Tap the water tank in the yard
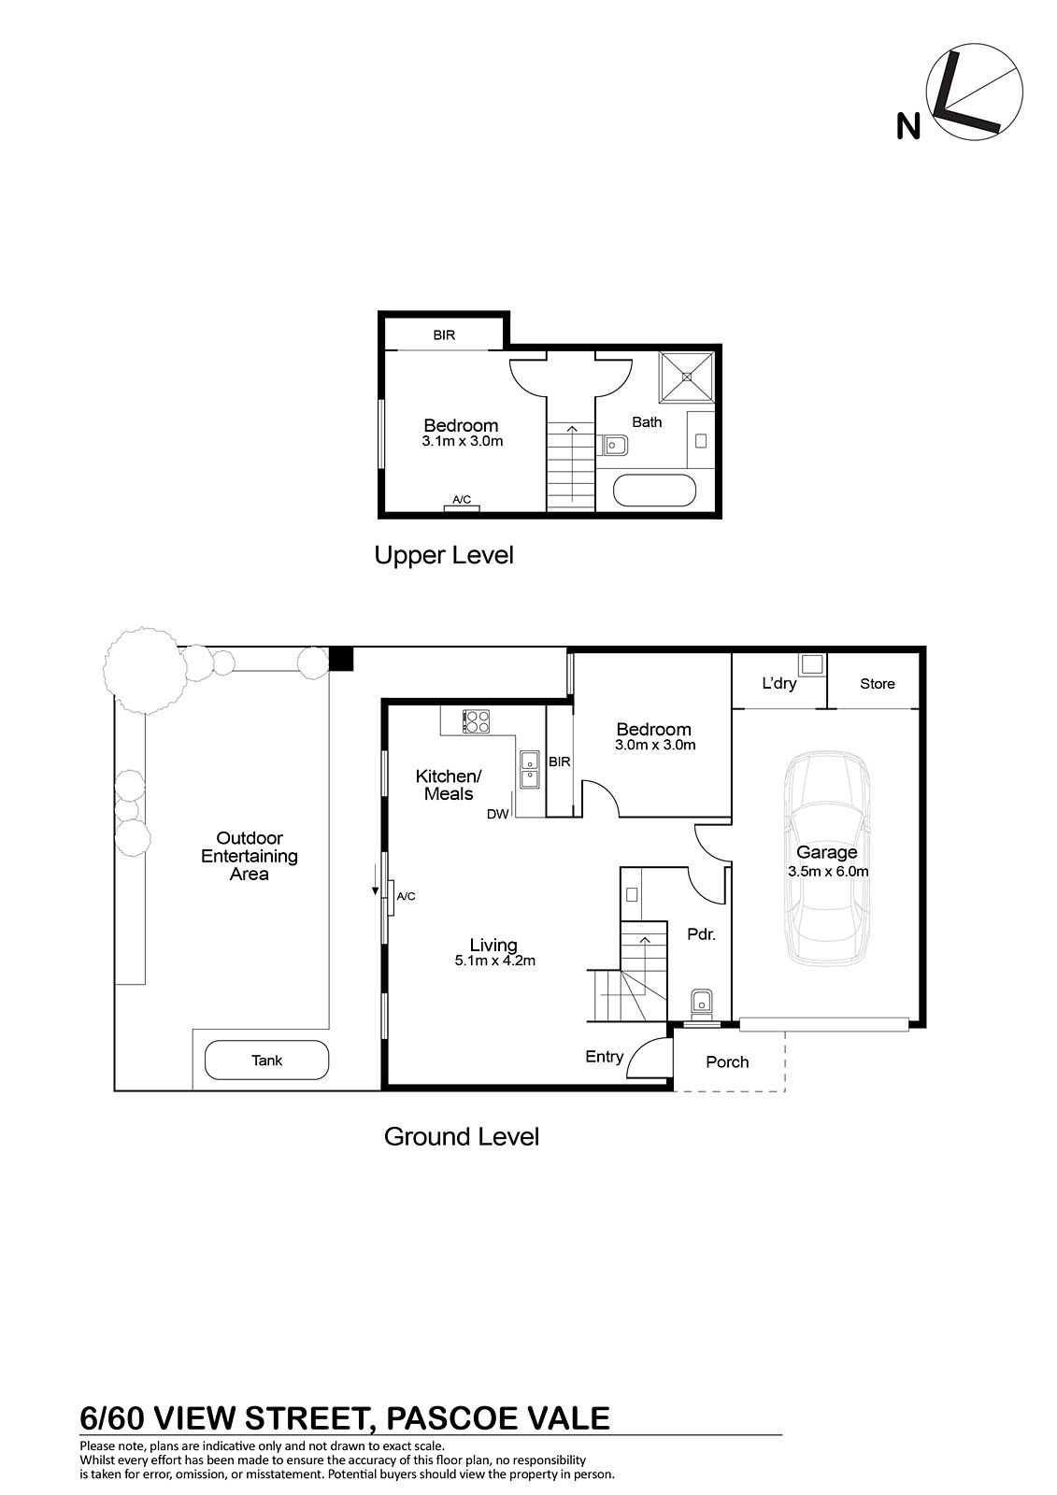coord(266,1060)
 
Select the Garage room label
coord(827,852)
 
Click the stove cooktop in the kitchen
coord(476,721)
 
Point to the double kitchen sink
coord(531,770)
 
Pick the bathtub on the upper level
coord(654,491)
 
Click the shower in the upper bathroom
coord(686,377)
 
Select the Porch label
coord(727,1061)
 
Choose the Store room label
coord(877,683)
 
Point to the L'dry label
coord(778,683)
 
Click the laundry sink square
coord(813,664)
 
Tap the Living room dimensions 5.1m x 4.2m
coord(494,961)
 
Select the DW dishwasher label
coord(497,814)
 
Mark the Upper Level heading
coord(443,555)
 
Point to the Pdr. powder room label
coord(701,934)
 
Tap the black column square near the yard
coord(341,660)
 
